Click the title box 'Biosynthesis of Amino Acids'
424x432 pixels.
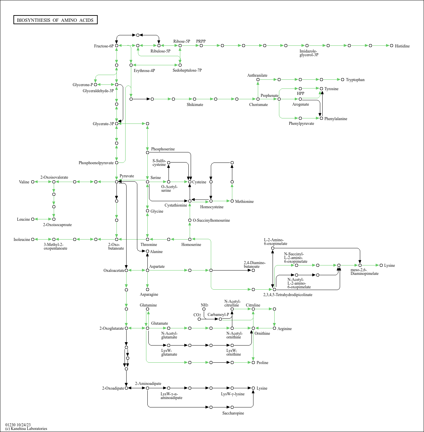tap(55, 20)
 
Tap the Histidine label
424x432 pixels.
tap(402, 46)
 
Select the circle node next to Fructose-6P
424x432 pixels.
tap(116, 46)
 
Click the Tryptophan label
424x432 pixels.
tap(355, 80)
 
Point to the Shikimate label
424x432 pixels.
tap(195, 105)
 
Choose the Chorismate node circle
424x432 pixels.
tap(258, 99)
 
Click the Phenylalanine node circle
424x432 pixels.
tap(322, 118)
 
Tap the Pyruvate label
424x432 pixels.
tap(127, 176)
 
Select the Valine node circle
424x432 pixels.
tap(33, 182)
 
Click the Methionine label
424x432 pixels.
tap(244, 201)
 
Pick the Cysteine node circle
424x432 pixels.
tap(190, 182)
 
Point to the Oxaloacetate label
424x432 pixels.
tap(114, 271)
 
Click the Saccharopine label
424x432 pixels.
tap(233, 413)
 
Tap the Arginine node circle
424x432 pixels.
tap(275, 328)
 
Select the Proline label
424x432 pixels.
tap(262, 362)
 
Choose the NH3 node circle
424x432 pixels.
tap(204, 309)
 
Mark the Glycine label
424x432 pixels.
tap(157, 211)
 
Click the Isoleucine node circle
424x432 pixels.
tap(33, 240)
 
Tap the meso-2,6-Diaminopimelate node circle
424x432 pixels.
tap(360, 265)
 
